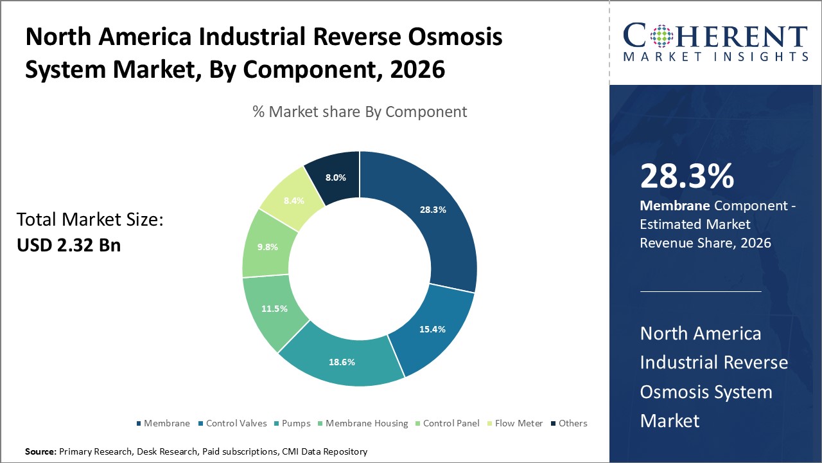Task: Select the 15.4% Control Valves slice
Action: click(433, 329)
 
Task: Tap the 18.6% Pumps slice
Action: click(341, 361)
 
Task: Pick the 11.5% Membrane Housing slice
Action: click(274, 309)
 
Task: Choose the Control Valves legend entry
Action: click(233, 423)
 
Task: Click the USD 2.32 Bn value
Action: click(69, 245)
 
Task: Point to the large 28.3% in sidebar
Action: click(686, 176)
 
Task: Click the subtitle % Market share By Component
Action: click(360, 111)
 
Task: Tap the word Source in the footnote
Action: click(40, 452)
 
